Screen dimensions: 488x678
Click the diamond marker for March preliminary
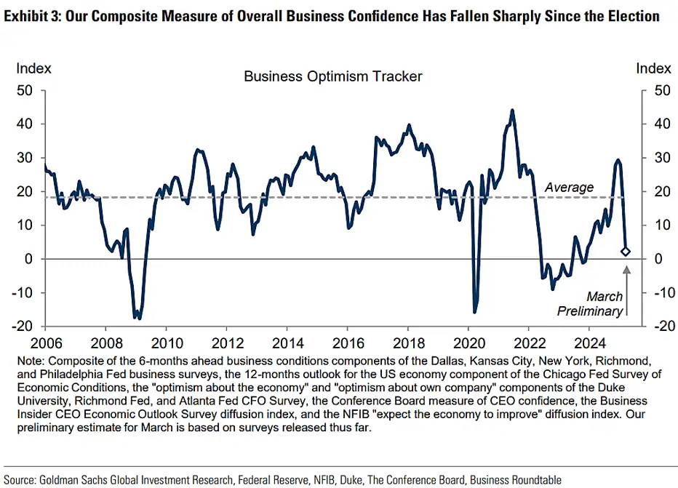click(626, 252)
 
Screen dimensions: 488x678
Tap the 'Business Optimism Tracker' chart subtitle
click(332, 76)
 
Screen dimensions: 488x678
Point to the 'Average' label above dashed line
click(569, 188)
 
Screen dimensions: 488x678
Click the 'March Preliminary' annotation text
click(590, 304)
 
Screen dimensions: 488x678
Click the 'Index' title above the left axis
click(34, 68)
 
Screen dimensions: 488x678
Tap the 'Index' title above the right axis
click(653, 68)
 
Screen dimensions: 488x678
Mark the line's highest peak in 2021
click(512, 111)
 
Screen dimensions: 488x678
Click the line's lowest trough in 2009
click(137, 318)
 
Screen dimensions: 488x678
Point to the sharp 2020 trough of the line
click(474, 312)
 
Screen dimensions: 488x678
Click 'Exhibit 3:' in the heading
click(33, 15)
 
